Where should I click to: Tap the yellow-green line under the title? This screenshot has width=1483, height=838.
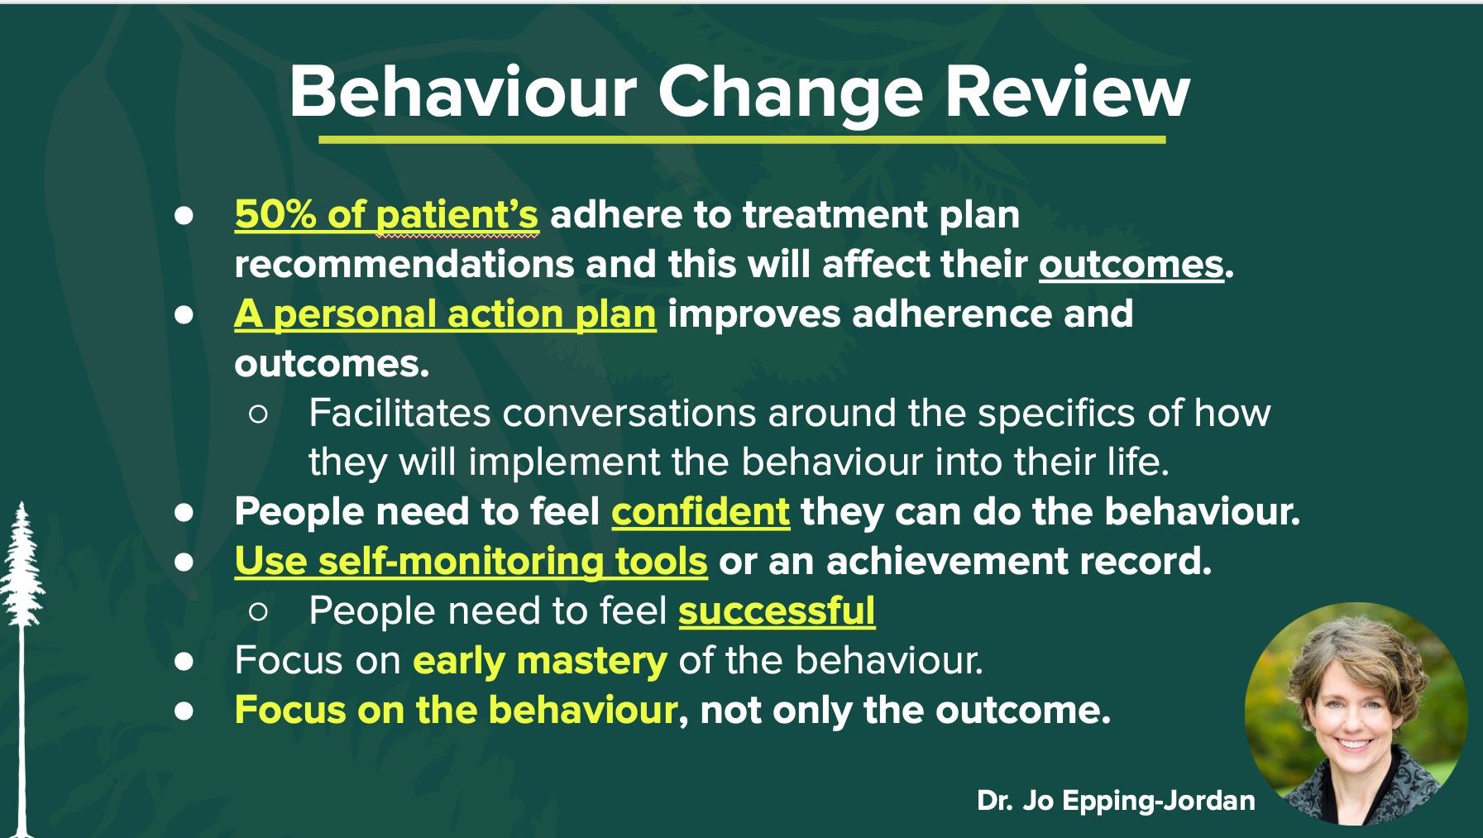(742, 140)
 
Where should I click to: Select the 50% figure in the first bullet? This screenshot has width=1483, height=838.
(275, 215)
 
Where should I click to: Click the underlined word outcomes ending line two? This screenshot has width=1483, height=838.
(1131, 265)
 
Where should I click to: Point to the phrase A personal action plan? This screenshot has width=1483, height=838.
(445, 314)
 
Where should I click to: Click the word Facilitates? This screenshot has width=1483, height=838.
(399, 413)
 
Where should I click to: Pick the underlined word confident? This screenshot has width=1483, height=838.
(701, 512)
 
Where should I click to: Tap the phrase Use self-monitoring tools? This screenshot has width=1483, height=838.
(471, 562)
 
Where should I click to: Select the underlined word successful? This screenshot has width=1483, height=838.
(777, 611)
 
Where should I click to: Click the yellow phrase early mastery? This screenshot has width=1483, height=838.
(539, 661)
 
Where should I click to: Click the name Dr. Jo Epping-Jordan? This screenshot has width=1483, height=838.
(1116, 801)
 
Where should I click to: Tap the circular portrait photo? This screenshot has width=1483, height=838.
(1356, 713)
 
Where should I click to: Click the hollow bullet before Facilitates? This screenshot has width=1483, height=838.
(258, 414)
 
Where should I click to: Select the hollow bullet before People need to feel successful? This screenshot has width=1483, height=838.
(258, 612)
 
